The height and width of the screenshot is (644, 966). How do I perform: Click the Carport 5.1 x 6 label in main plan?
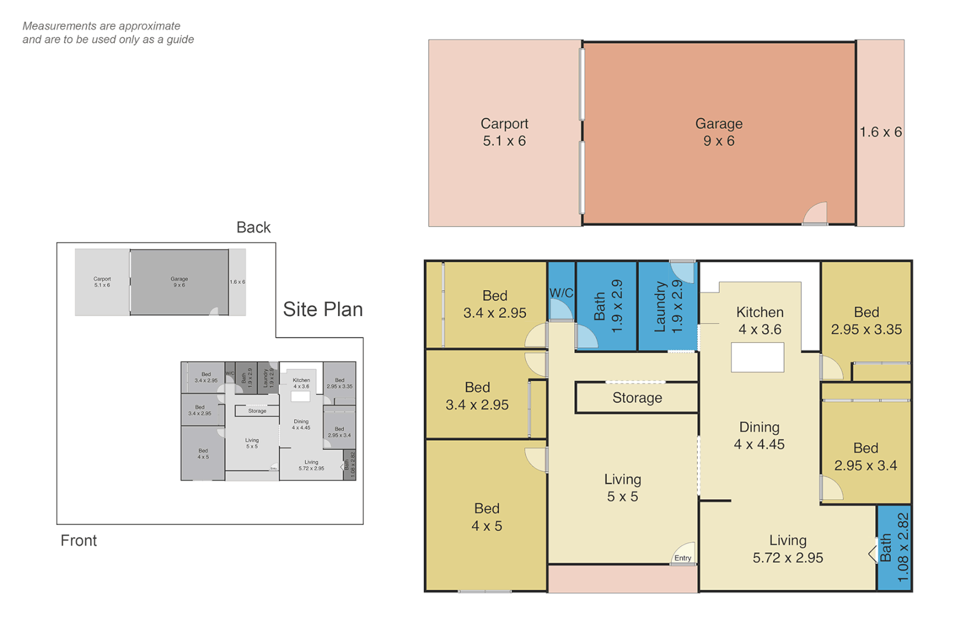point(504,132)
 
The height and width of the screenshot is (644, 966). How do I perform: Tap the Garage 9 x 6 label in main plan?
point(719,132)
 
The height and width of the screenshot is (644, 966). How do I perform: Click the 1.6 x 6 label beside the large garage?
point(880,132)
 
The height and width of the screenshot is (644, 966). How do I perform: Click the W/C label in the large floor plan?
point(561,293)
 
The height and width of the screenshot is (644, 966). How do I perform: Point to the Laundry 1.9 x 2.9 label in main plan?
point(668,306)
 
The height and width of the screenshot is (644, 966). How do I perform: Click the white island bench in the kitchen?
point(757,358)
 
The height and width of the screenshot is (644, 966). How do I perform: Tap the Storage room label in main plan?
point(637,398)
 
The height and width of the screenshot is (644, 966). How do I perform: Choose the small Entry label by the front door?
point(683,558)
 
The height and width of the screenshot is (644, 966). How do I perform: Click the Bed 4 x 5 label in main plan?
point(487,517)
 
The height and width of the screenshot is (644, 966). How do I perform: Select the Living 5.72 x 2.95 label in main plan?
point(788,549)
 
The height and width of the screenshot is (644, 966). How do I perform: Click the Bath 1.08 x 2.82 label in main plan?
point(894,548)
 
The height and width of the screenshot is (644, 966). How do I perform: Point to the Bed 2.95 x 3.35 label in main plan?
point(866,321)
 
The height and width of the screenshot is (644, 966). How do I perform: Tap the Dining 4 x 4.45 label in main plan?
point(759,436)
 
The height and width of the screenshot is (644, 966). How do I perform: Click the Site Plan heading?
point(323,309)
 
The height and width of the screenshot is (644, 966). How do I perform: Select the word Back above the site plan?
point(253,227)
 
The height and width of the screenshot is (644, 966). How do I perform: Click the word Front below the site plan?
point(79,540)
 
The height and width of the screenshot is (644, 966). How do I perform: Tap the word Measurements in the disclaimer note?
point(59,26)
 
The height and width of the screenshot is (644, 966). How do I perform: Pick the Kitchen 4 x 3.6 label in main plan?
point(760,321)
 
